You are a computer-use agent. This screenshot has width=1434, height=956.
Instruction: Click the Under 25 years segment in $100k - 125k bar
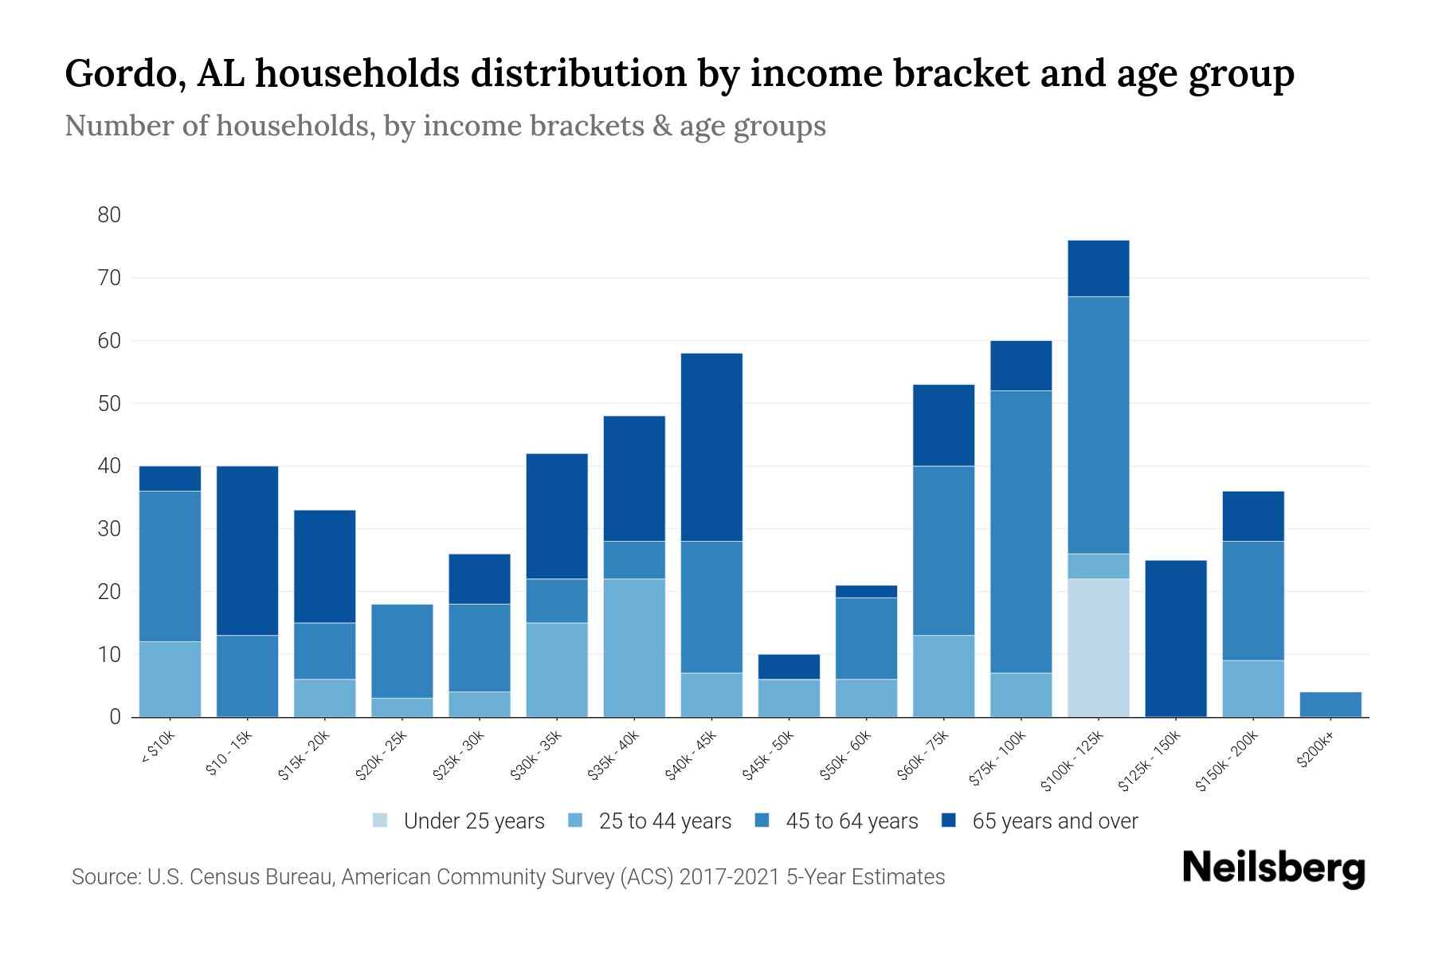(x=1099, y=648)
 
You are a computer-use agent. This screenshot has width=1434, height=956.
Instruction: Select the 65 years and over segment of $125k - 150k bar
(x=1176, y=638)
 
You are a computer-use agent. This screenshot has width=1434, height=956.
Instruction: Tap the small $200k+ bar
(x=1330, y=704)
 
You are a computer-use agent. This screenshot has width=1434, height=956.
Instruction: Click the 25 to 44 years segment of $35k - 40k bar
(x=634, y=648)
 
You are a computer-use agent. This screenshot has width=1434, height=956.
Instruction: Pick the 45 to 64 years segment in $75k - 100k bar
(x=1021, y=531)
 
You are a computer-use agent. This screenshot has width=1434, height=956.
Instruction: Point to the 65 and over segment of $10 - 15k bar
(x=248, y=550)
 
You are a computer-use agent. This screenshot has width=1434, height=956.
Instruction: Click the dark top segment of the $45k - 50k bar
(x=789, y=667)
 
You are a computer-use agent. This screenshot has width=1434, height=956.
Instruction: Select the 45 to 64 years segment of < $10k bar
(x=170, y=566)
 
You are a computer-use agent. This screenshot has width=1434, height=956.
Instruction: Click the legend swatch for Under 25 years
(x=381, y=821)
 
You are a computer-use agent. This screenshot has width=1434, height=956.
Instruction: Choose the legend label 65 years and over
(x=1055, y=821)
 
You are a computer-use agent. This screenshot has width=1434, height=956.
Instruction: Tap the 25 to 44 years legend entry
(x=664, y=821)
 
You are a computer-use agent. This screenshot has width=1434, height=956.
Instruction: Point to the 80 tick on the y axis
(x=109, y=215)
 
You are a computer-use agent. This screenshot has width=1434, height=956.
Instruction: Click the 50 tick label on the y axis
(x=109, y=404)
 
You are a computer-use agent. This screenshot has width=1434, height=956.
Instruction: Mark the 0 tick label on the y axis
(x=115, y=717)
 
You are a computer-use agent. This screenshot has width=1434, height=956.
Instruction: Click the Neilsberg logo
(x=1273, y=868)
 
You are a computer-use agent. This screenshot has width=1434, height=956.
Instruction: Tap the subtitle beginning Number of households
(x=445, y=126)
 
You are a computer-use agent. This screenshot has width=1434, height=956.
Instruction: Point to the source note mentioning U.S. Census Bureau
(x=508, y=877)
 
